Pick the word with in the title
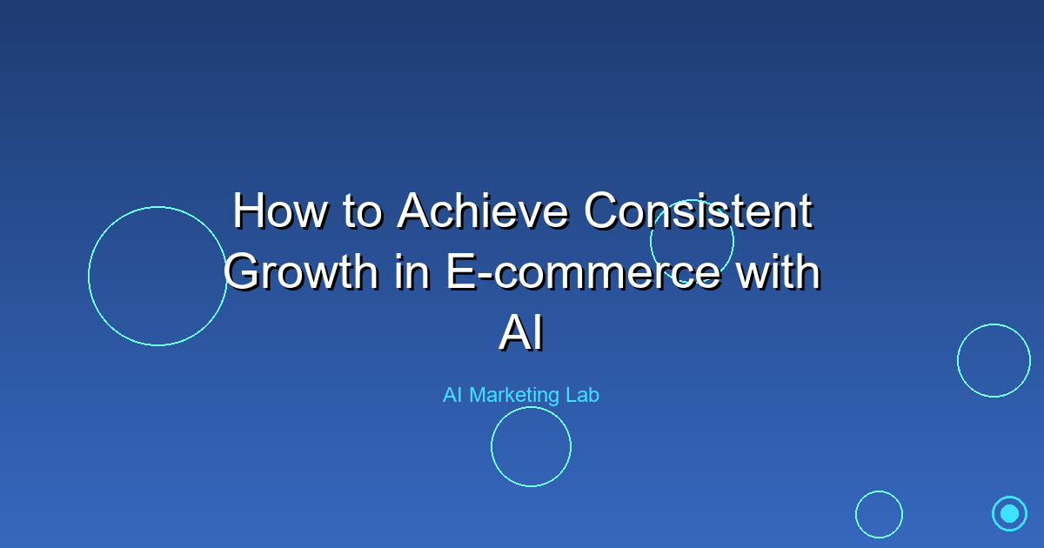[x=777, y=273]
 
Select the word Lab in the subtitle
[x=583, y=395]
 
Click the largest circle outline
[x=157, y=276]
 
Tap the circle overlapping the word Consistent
[x=692, y=241]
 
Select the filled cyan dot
[x=1009, y=513]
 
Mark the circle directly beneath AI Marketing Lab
[x=531, y=446]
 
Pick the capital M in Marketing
[x=478, y=395]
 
